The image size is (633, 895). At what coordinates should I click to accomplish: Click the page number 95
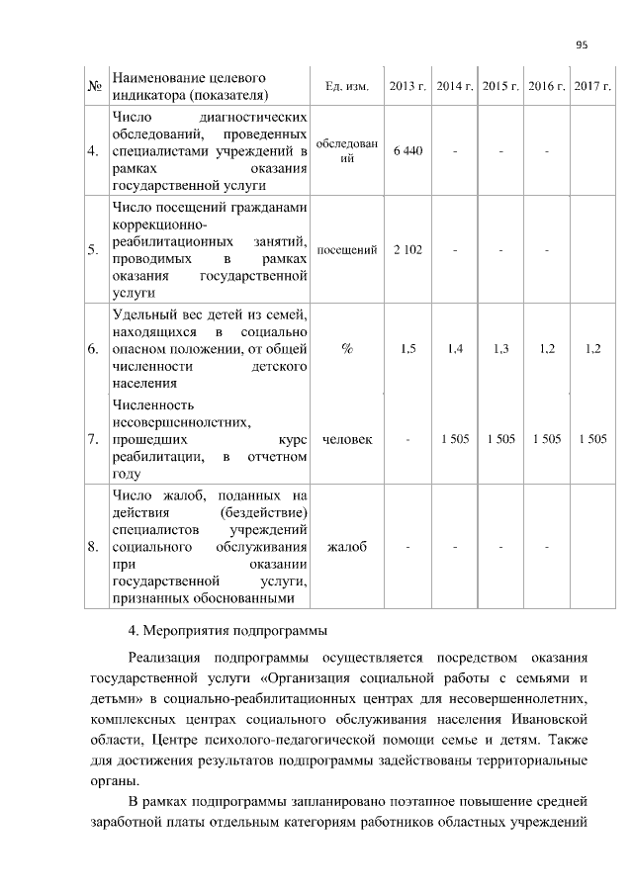click(x=581, y=44)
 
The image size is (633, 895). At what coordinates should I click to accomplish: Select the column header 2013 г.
click(x=407, y=87)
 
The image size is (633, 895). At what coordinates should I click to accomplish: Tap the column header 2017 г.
click(x=593, y=87)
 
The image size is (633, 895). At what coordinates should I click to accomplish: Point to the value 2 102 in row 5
click(x=407, y=250)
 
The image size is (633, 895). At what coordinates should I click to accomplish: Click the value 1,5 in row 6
click(x=407, y=348)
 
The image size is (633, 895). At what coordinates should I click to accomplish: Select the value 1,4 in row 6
click(x=455, y=348)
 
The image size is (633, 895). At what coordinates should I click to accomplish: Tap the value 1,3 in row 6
click(x=500, y=348)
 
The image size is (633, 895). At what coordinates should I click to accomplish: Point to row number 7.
click(x=92, y=439)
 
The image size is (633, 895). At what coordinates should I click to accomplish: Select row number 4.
click(x=92, y=152)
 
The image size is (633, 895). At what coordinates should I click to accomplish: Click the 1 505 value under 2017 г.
click(x=592, y=438)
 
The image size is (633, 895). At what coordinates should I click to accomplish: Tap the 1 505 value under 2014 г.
click(x=455, y=438)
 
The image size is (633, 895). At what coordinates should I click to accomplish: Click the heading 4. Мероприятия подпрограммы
click(x=227, y=630)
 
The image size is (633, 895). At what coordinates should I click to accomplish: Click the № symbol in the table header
click(x=96, y=87)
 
